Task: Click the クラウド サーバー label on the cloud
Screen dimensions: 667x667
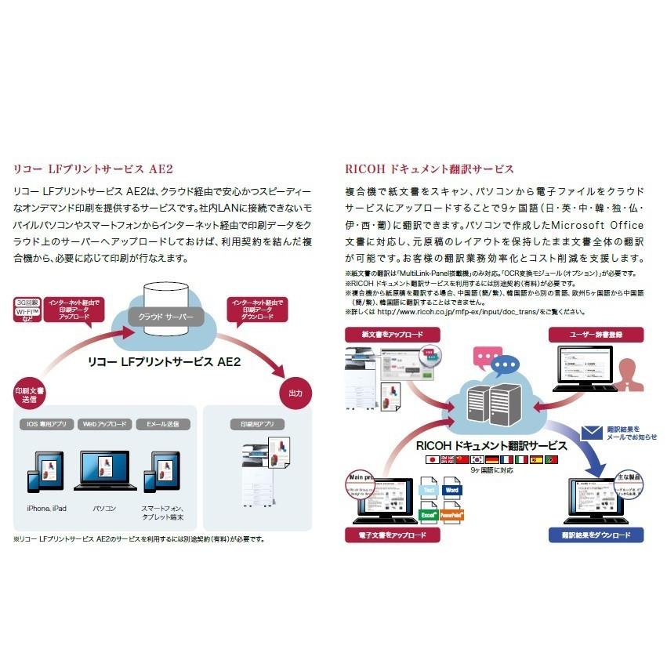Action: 165,317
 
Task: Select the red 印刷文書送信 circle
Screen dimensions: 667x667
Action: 30,396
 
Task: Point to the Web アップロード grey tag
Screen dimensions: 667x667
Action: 104,424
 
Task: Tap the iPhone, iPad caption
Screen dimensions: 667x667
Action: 47,509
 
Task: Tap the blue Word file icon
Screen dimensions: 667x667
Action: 451,491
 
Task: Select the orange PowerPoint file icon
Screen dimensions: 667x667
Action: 451,516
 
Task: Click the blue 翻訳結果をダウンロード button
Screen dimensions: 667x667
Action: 596,535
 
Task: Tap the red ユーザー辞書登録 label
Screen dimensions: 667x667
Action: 596,334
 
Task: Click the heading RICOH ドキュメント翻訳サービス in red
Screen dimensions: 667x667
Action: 430,169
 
